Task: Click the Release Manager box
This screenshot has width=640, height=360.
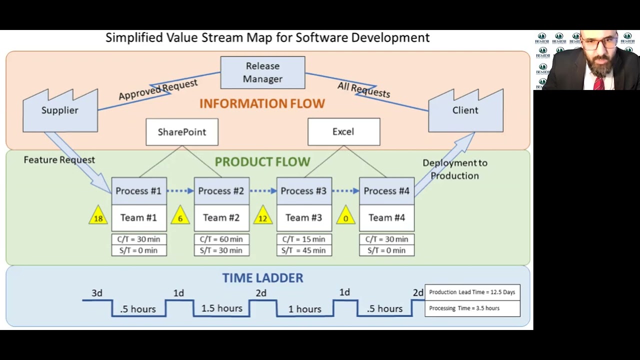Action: (262, 72)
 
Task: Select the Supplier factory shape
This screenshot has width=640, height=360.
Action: (60, 112)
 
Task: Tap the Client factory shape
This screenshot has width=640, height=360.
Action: (465, 112)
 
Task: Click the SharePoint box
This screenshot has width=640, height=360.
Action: (182, 132)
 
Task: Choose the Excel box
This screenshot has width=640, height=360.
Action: (343, 131)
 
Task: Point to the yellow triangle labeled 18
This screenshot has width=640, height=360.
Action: (98, 216)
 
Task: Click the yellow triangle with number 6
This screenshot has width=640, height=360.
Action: (180, 216)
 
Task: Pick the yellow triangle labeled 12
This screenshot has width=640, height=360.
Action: (262, 216)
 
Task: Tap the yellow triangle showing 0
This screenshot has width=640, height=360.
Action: (345, 216)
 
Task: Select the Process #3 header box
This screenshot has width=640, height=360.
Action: (304, 191)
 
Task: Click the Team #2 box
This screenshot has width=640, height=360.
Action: (221, 218)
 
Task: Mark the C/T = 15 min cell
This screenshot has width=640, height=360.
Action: (304, 239)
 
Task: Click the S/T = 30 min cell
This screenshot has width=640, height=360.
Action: (221, 250)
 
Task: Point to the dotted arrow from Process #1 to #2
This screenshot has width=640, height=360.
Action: (180, 190)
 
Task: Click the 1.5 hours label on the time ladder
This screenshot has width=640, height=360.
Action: (221, 308)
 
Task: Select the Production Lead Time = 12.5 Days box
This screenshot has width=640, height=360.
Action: (472, 292)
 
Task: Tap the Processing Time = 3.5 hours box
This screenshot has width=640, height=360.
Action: (472, 308)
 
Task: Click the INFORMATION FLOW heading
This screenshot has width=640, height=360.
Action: (262, 103)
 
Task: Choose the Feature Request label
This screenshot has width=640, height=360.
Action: (59, 160)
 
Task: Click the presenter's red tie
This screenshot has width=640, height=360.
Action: (598, 82)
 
